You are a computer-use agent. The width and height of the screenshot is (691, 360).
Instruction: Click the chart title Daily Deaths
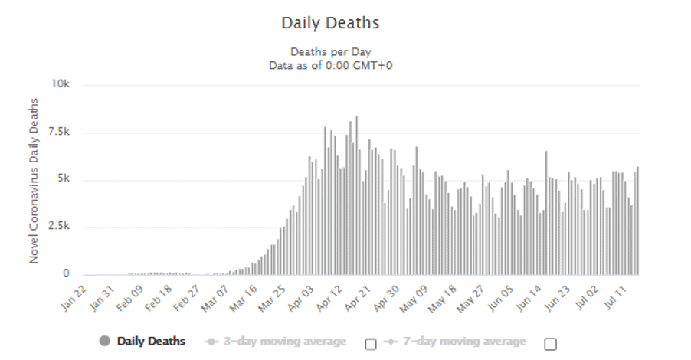[x=330, y=23]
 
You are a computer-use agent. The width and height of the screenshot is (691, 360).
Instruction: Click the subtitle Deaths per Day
[x=330, y=52]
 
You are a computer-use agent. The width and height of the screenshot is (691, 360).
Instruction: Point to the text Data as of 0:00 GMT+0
[x=330, y=66]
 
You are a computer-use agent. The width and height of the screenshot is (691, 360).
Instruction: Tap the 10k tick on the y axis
[x=61, y=83]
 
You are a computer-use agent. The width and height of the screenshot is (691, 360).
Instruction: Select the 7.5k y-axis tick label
[x=58, y=132]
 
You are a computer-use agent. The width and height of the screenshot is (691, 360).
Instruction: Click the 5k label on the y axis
[x=64, y=178]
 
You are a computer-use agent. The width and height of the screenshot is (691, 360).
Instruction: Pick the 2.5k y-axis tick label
[x=58, y=226]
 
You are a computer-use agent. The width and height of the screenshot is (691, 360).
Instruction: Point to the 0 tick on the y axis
[x=66, y=273]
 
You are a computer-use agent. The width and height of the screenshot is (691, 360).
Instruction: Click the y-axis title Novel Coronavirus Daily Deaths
[x=34, y=181]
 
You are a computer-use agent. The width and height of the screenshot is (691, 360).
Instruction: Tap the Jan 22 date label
[x=74, y=298]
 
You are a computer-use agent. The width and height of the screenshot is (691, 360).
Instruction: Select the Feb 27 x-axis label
[x=187, y=298]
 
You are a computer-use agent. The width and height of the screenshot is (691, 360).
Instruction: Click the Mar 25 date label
[x=273, y=298]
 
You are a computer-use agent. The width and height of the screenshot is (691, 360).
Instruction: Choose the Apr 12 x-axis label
[x=329, y=298]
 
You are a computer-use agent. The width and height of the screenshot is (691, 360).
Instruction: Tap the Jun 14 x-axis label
[x=528, y=298]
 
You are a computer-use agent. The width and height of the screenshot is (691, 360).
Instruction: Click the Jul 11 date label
[x=614, y=298]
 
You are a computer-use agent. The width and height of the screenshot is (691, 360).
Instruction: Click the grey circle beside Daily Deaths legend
[x=104, y=341]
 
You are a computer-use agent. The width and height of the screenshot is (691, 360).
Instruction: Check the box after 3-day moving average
[x=371, y=344]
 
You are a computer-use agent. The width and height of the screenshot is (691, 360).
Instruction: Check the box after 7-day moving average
[x=550, y=344]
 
